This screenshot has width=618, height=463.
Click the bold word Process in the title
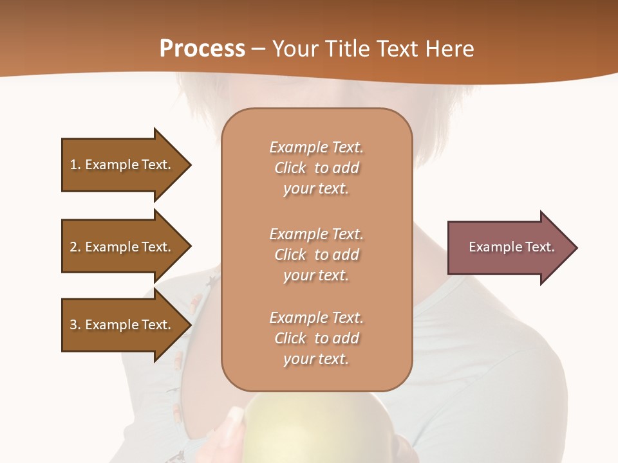tap(202, 48)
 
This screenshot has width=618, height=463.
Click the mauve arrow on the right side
tap(509, 248)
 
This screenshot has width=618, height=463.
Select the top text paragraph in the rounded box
tap(316, 168)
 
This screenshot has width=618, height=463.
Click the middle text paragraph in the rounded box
tap(316, 255)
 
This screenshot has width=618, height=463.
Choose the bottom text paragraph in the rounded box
tap(316, 338)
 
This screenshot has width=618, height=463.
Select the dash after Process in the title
tap(259, 49)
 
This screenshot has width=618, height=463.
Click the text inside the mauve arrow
tap(511, 247)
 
